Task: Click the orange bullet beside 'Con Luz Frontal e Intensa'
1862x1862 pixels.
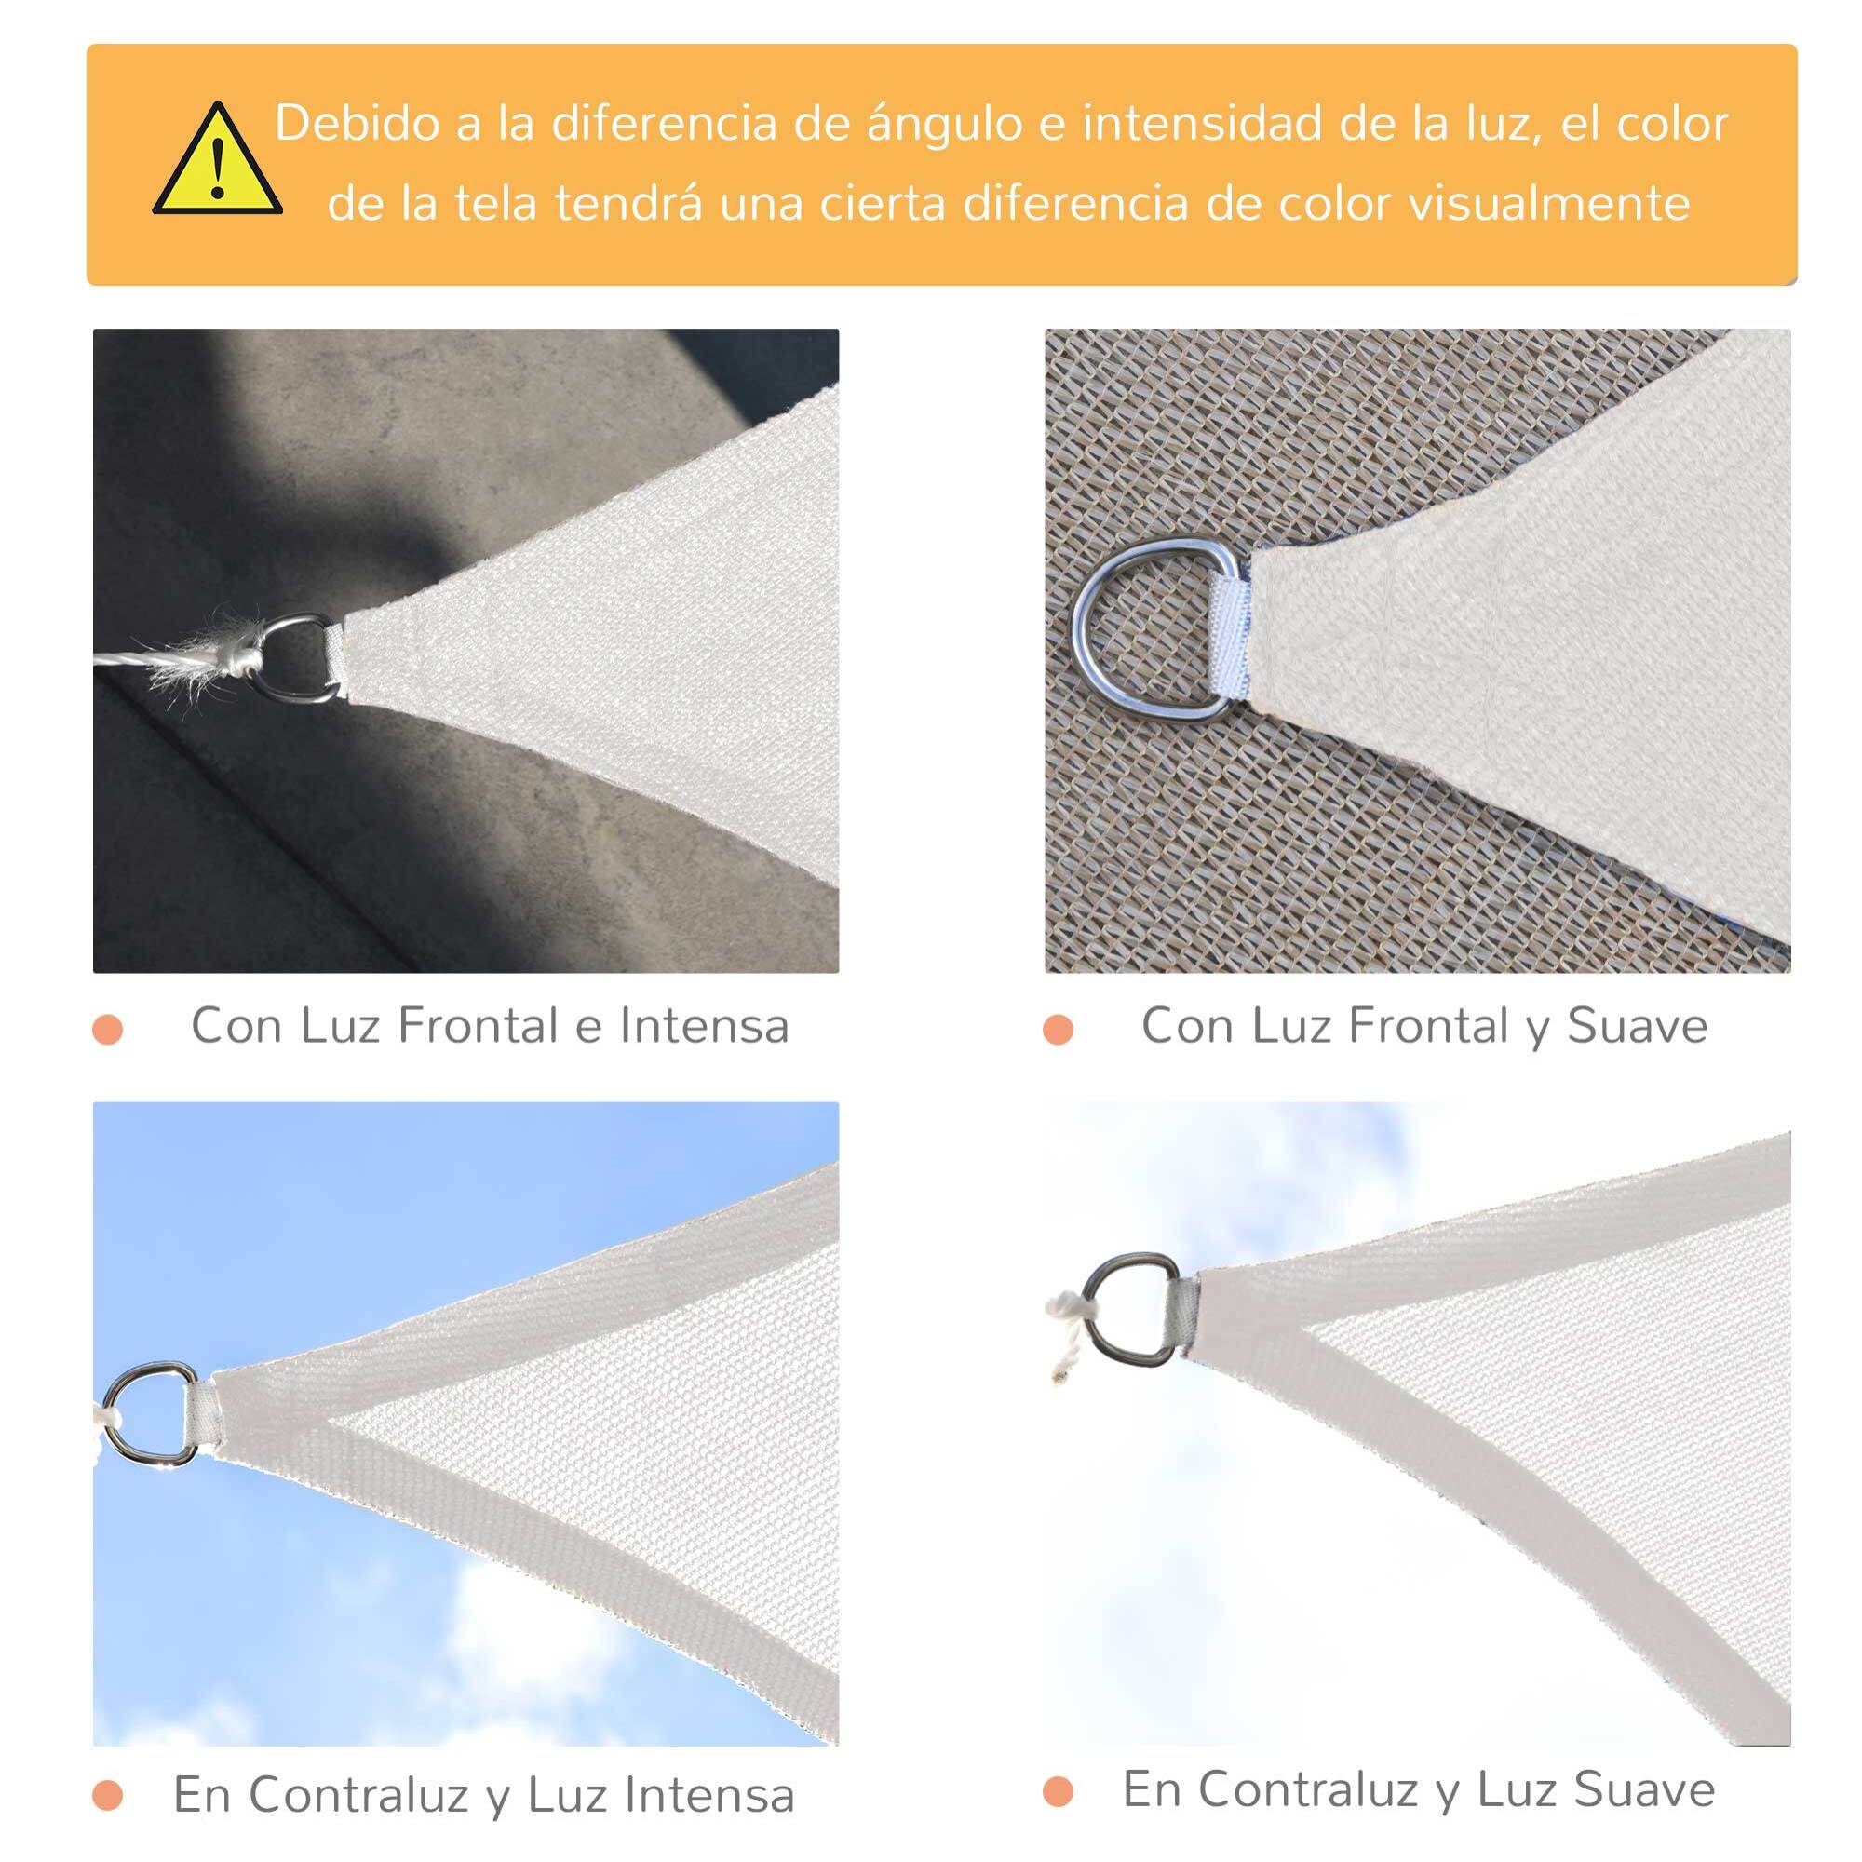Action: coord(108,1030)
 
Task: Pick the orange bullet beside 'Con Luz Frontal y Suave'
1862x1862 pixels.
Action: coord(1059,1030)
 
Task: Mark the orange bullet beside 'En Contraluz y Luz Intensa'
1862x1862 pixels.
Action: coord(108,1796)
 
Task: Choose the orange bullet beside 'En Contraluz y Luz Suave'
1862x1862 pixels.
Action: coord(1059,1791)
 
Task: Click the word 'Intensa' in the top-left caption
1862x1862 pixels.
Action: coord(704,1025)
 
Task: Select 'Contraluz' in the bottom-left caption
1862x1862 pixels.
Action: coord(358,1795)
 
